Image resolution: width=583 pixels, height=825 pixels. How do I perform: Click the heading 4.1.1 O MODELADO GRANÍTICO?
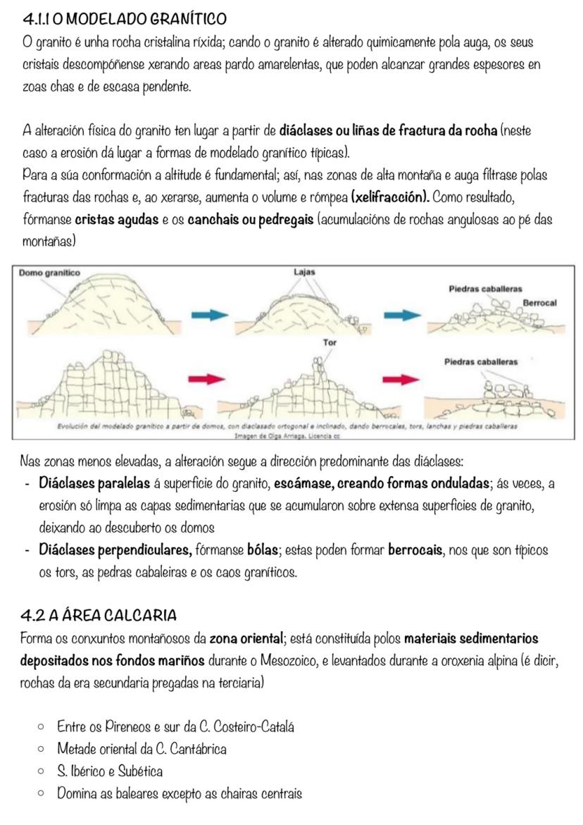125,17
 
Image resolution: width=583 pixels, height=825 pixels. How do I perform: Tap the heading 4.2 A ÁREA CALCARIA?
99,616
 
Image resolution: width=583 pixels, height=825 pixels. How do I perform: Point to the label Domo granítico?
50,273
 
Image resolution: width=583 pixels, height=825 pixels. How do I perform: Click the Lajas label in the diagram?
304,272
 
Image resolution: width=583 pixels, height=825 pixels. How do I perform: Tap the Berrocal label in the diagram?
539,303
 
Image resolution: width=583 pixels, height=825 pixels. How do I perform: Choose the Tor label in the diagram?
329,342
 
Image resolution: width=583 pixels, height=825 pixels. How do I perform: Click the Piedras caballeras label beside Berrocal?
485,289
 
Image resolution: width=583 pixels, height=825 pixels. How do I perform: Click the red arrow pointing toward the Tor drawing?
210,380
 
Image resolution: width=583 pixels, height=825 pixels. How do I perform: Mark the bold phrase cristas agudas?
116,220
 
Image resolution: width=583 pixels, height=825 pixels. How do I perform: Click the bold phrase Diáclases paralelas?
94,484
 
